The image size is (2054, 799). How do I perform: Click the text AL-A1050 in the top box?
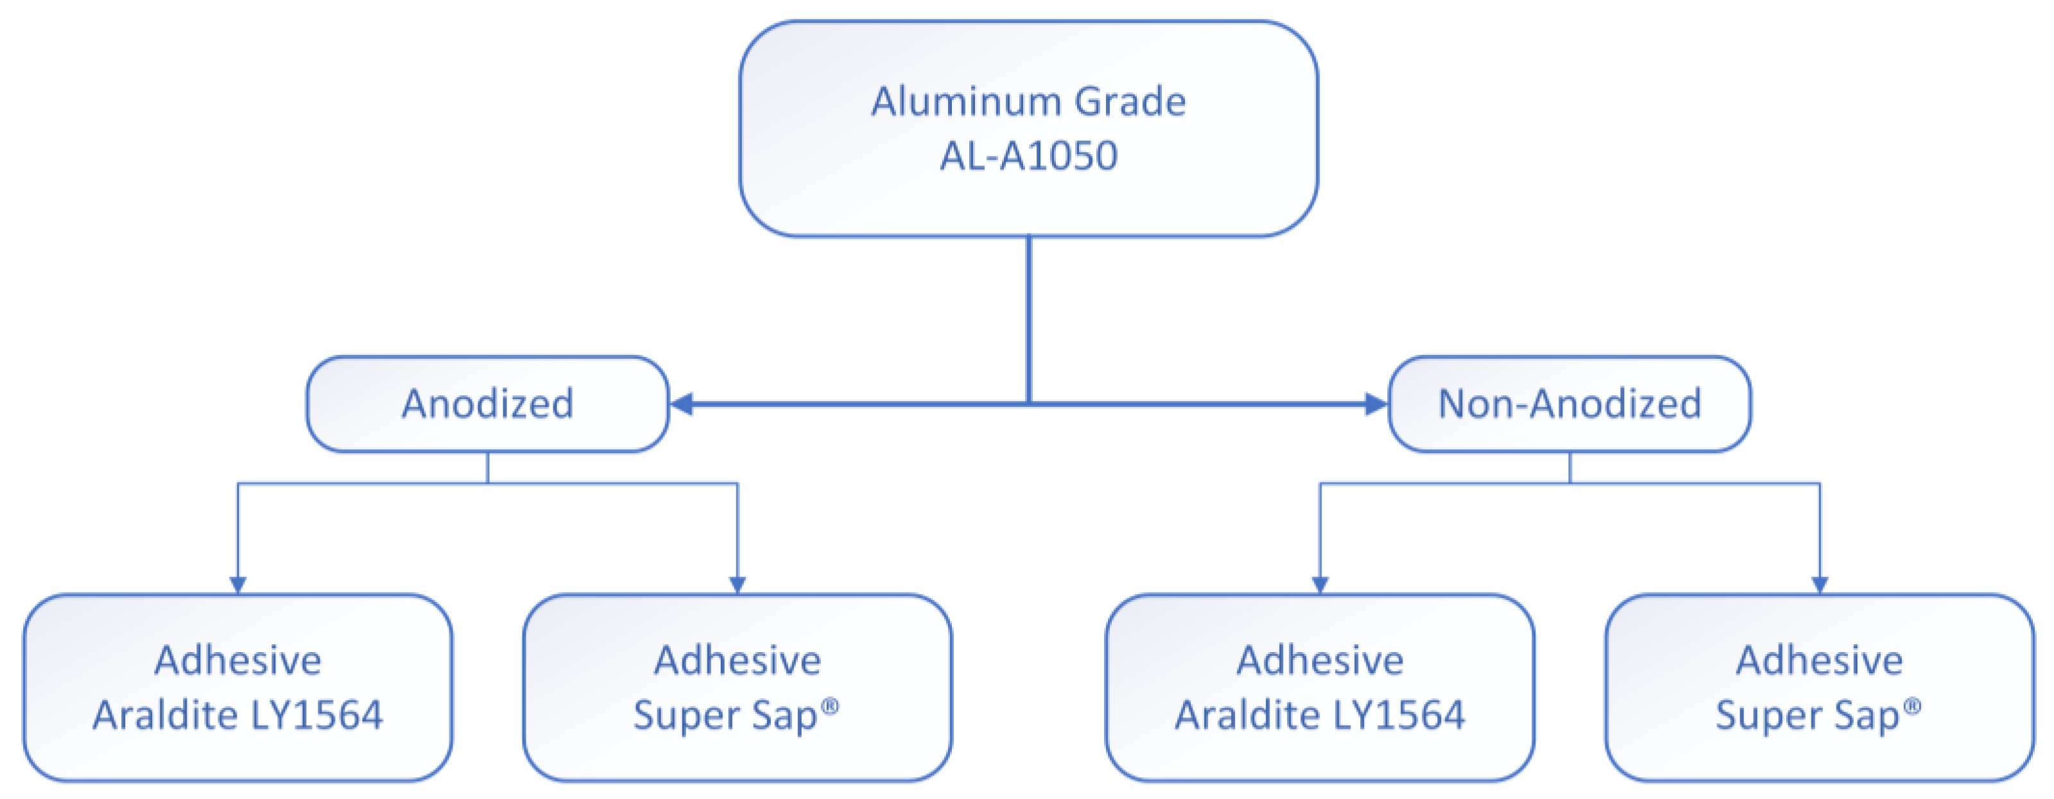[1028, 155]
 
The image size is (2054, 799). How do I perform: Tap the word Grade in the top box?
[1130, 102]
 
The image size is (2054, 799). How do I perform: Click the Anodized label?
[487, 404]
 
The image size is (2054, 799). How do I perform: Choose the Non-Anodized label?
[1569, 404]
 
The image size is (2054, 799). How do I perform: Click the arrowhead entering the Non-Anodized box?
[1376, 404]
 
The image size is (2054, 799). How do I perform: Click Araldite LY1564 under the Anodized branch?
[237, 714]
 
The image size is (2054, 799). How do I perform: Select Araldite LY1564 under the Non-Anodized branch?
[1320, 714]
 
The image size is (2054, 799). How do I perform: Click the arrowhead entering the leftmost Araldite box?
[237, 585]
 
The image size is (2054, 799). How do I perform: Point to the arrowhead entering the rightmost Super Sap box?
[1820, 585]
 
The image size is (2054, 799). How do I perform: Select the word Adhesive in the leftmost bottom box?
[237, 660]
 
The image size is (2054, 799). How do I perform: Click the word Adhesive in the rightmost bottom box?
[1820, 660]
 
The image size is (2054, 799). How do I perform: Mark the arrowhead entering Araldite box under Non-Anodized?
[1320, 585]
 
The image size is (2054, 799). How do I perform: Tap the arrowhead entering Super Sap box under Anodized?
[738, 585]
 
